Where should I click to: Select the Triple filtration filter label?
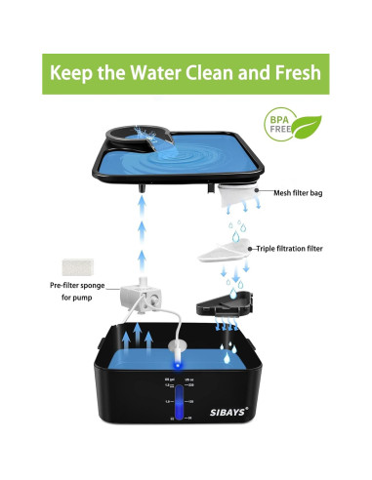(x=303, y=249)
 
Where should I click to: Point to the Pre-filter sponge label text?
(x=75, y=291)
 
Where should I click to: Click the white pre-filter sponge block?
(x=70, y=264)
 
